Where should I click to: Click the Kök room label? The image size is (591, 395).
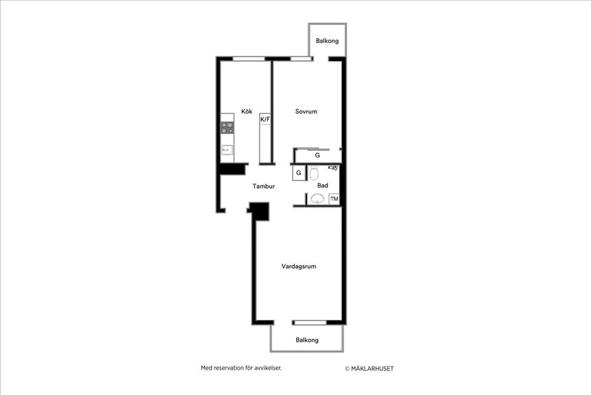[247, 112]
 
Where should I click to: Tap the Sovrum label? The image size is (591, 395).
[306, 112]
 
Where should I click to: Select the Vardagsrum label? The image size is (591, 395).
[299, 266]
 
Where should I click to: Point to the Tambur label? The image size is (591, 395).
[263, 185]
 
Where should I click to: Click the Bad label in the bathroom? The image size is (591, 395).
[323, 185]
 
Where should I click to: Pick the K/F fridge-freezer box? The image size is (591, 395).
[265, 119]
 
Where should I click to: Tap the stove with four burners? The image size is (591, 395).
[228, 128]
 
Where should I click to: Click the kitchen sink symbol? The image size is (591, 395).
[227, 150]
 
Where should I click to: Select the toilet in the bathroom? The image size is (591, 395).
[313, 174]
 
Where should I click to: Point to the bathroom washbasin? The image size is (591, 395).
[318, 198]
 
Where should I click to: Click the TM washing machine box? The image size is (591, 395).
[334, 198]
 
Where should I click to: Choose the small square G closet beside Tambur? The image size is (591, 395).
[299, 173]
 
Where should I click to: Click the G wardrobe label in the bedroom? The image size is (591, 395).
[317, 156]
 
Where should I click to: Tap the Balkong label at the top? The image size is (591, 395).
[327, 41]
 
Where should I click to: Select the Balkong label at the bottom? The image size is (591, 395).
[307, 340]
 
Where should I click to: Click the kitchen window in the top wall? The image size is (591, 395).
[249, 59]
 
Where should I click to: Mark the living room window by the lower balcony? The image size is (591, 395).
[310, 322]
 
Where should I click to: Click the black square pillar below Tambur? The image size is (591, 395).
[259, 211]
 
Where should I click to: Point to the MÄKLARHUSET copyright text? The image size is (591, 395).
[369, 369]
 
